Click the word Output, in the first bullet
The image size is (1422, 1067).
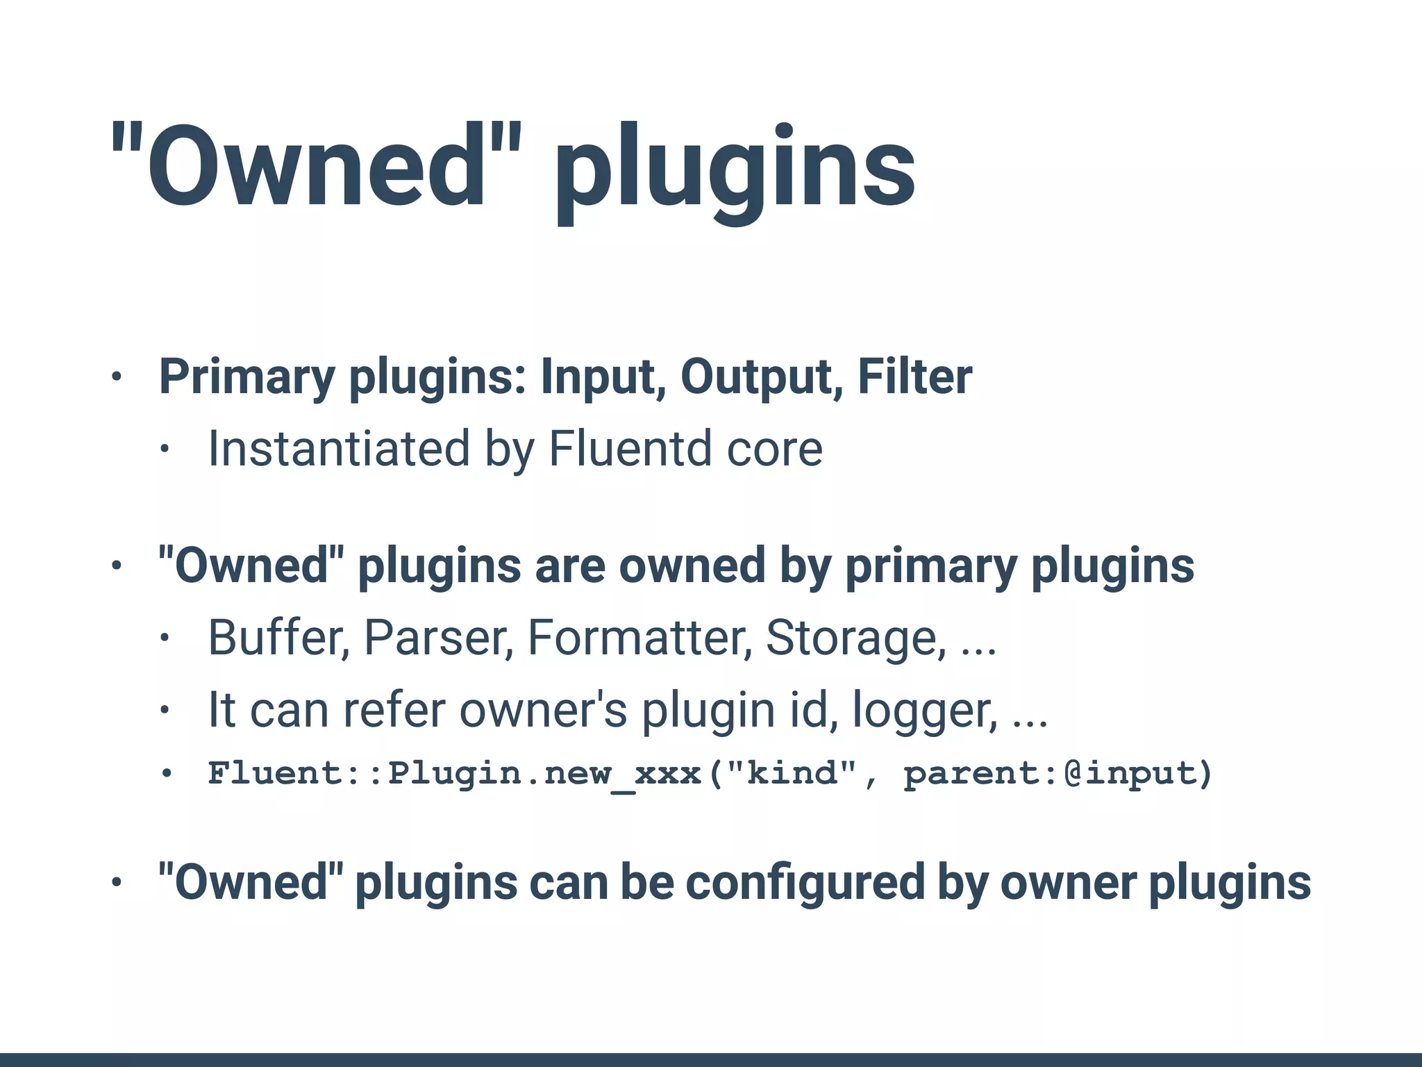tap(761, 377)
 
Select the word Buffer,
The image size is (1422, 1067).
tap(278, 637)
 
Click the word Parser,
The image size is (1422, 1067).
tap(438, 637)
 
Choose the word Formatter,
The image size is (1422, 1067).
tap(639, 637)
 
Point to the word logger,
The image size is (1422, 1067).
tap(924, 711)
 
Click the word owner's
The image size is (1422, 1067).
tap(543, 710)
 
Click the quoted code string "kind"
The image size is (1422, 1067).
tap(792, 773)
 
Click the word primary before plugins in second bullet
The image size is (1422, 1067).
tap(930, 567)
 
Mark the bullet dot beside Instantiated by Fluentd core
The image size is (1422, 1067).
tap(164, 449)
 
